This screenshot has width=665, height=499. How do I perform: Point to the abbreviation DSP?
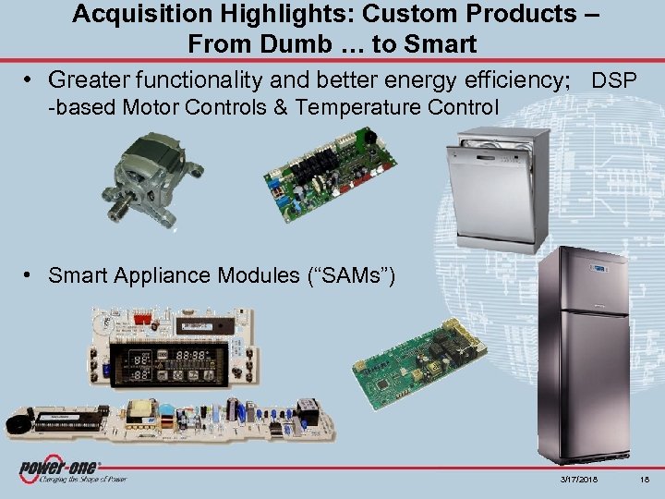(x=614, y=81)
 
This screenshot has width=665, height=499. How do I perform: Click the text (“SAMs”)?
(x=352, y=274)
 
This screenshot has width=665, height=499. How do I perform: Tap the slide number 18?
(x=643, y=477)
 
